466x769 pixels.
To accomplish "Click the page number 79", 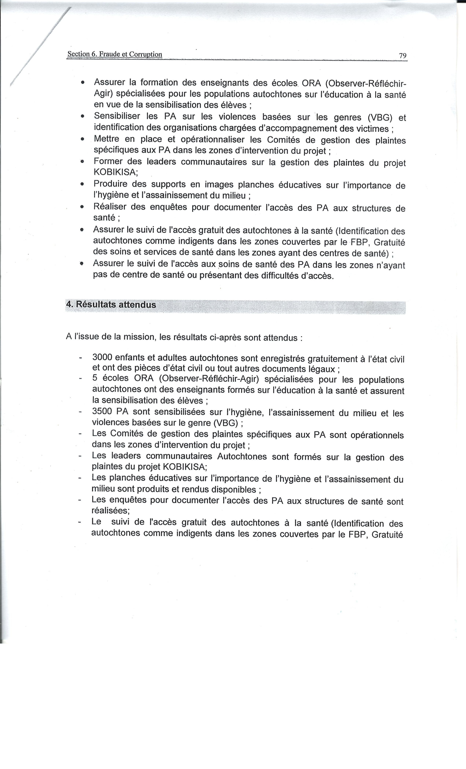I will (x=402, y=56).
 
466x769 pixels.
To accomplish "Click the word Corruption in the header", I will (x=146, y=54).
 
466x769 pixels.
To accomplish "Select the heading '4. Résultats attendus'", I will (x=111, y=305).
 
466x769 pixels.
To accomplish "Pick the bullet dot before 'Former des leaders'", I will (x=82, y=162).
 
